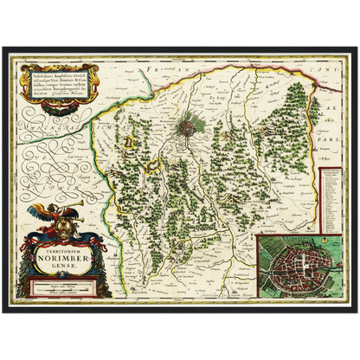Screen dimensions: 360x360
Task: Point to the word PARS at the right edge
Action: point(331,135)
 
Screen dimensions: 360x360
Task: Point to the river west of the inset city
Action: point(269,260)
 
